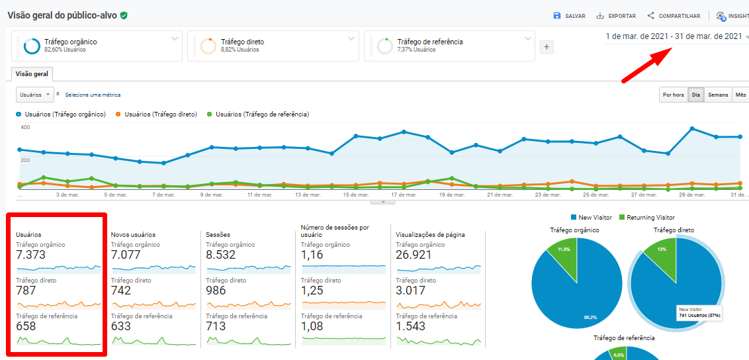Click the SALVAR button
[569, 16]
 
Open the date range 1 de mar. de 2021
[674, 36]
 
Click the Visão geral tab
[32, 74]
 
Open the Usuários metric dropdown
[34, 95]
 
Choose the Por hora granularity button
[673, 95]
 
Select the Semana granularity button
[718, 95]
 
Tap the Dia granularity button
[696, 95]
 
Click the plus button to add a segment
[547, 47]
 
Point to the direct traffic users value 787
[26, 291]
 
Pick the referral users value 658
[26, 326]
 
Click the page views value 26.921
[414, 255]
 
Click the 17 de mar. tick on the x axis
[403, 195]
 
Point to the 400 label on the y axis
[25, 127]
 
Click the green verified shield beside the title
[124, 15]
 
